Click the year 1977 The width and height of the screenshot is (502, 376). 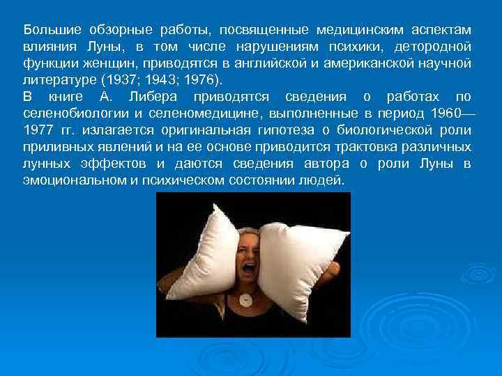coord(40,130)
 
